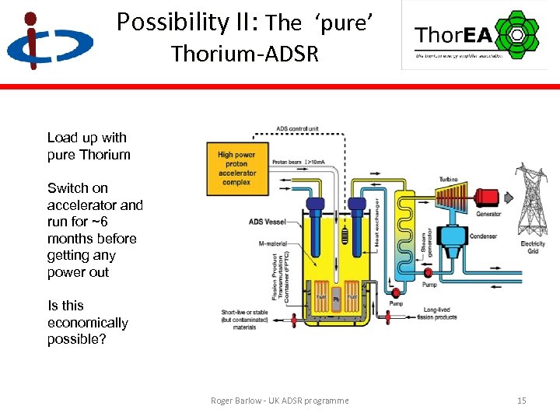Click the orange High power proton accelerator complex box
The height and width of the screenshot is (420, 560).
coord(236,168)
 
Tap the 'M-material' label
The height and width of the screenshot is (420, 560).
coord(271,243)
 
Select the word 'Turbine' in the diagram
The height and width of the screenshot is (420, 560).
coord(448,179)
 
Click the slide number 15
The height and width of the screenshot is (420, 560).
coord(521,401)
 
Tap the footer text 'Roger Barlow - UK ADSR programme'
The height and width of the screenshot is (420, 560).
coord(280,401)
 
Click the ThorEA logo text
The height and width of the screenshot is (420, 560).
coord(454,36)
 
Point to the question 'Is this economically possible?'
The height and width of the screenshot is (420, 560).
coord(87,323)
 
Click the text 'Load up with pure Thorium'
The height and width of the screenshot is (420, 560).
coord(89,146)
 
